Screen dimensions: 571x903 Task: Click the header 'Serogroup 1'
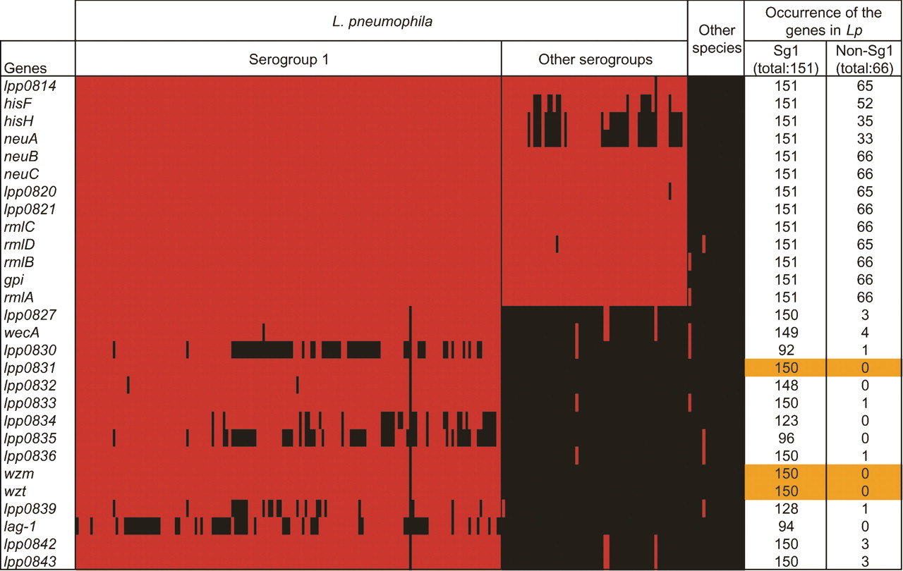coord(288,59)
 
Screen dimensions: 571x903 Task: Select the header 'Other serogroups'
coord(595,59)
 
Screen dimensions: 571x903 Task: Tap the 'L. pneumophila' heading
coord(382,21)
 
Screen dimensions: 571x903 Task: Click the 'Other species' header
coord(716,39)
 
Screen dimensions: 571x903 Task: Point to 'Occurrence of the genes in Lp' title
coord(823,21)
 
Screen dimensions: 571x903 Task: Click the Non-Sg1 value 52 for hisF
coord(864,104)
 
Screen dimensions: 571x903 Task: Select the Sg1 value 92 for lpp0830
coord(787,350)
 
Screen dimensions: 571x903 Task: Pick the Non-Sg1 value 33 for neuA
coord(864,139)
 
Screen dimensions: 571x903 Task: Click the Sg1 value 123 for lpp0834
coord(787,421)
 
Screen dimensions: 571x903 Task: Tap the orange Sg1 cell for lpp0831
coord(787,368)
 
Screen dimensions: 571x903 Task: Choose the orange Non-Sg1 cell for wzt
coord(864,491)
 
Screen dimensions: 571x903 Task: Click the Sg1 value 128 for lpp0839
coord(787,509)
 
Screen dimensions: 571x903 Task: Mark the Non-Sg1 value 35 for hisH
coord(864,121)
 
